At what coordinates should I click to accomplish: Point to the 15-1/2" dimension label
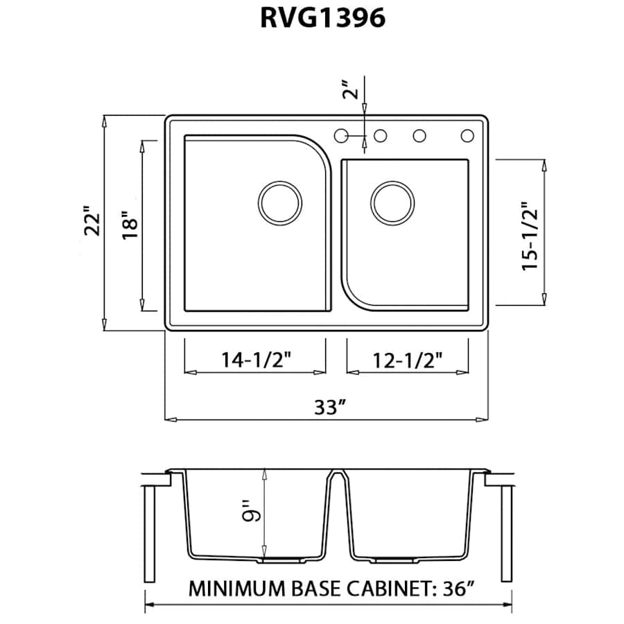(530, 236)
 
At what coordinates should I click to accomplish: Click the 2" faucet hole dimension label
(353, 91)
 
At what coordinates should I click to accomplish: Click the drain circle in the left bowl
(280, 202)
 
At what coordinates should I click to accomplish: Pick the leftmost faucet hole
(341, 136)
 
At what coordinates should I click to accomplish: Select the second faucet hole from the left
(380, 136)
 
